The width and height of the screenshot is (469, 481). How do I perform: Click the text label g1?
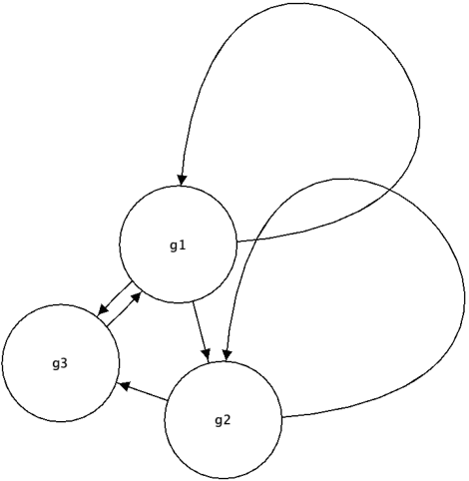point(178,246)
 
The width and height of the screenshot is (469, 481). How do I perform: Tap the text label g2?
point(223,419)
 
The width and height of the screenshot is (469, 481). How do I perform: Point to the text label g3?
point(60,362)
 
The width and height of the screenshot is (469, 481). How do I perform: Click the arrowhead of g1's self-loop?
point(182,179)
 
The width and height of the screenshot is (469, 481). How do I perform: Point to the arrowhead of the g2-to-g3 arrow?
point(122,384)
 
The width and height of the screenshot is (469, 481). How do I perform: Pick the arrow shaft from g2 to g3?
point(145,392)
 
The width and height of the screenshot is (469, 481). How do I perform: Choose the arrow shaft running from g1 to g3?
point(118,298)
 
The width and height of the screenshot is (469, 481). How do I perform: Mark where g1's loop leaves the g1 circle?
point(235,241)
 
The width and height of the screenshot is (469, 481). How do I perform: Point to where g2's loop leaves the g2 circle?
point(281,417)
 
